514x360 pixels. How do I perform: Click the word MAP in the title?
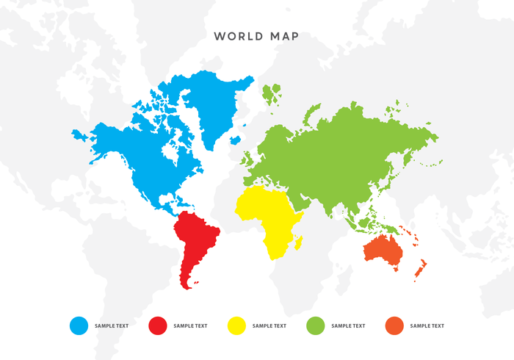pyautogui.click(x=285, y=36)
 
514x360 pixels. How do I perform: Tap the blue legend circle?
pyautogui.click(x=79, y=325)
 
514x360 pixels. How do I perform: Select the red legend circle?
pyautogui.click(x=158, y=325)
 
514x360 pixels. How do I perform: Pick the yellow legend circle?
pyautogui.click(x=236, y=325)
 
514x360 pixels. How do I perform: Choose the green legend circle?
pyautogui.click(x=316, y=325)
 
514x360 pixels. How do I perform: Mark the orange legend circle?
pyautogui.click(x=394, y=325)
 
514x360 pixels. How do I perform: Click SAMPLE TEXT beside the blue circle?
pyautogui.click(x=112, y=325)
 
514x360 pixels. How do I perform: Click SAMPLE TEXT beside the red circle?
pyautogui.click(x=190, y=325)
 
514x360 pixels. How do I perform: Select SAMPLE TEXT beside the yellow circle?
pyautogui.click(x=269, y=325)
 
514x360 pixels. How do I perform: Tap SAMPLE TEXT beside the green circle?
pyautogui.click(x=348, y=325)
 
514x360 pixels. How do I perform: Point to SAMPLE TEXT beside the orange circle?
pyautogui.click(x=427, y=325)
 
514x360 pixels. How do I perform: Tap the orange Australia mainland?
pyautogui.click(x=383, y=250)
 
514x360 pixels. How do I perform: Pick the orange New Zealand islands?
pyautogui.click(x=421, y=269)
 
